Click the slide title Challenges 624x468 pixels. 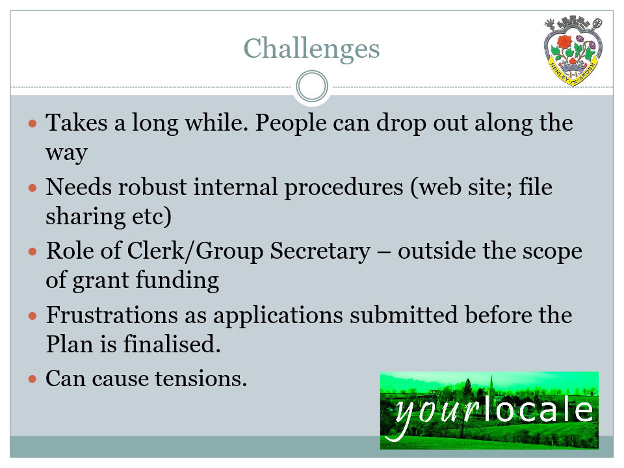[311, 49]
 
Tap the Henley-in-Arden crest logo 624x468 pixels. [573, 51]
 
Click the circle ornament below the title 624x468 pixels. [312, 86]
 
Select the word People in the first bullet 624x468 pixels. [291, 123]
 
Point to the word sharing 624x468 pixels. [86, 217]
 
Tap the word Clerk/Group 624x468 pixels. [195, 252]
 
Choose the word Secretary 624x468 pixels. [320, 252]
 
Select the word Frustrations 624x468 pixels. [112, 315]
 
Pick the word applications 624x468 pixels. [278, 317]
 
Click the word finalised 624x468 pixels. [172, 344]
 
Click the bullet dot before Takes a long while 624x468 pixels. [32, 123]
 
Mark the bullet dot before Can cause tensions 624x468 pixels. [32, 379]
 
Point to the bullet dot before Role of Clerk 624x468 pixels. [32, 252]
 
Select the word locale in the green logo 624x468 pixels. [538, 410]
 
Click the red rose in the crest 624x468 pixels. [564, 42]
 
